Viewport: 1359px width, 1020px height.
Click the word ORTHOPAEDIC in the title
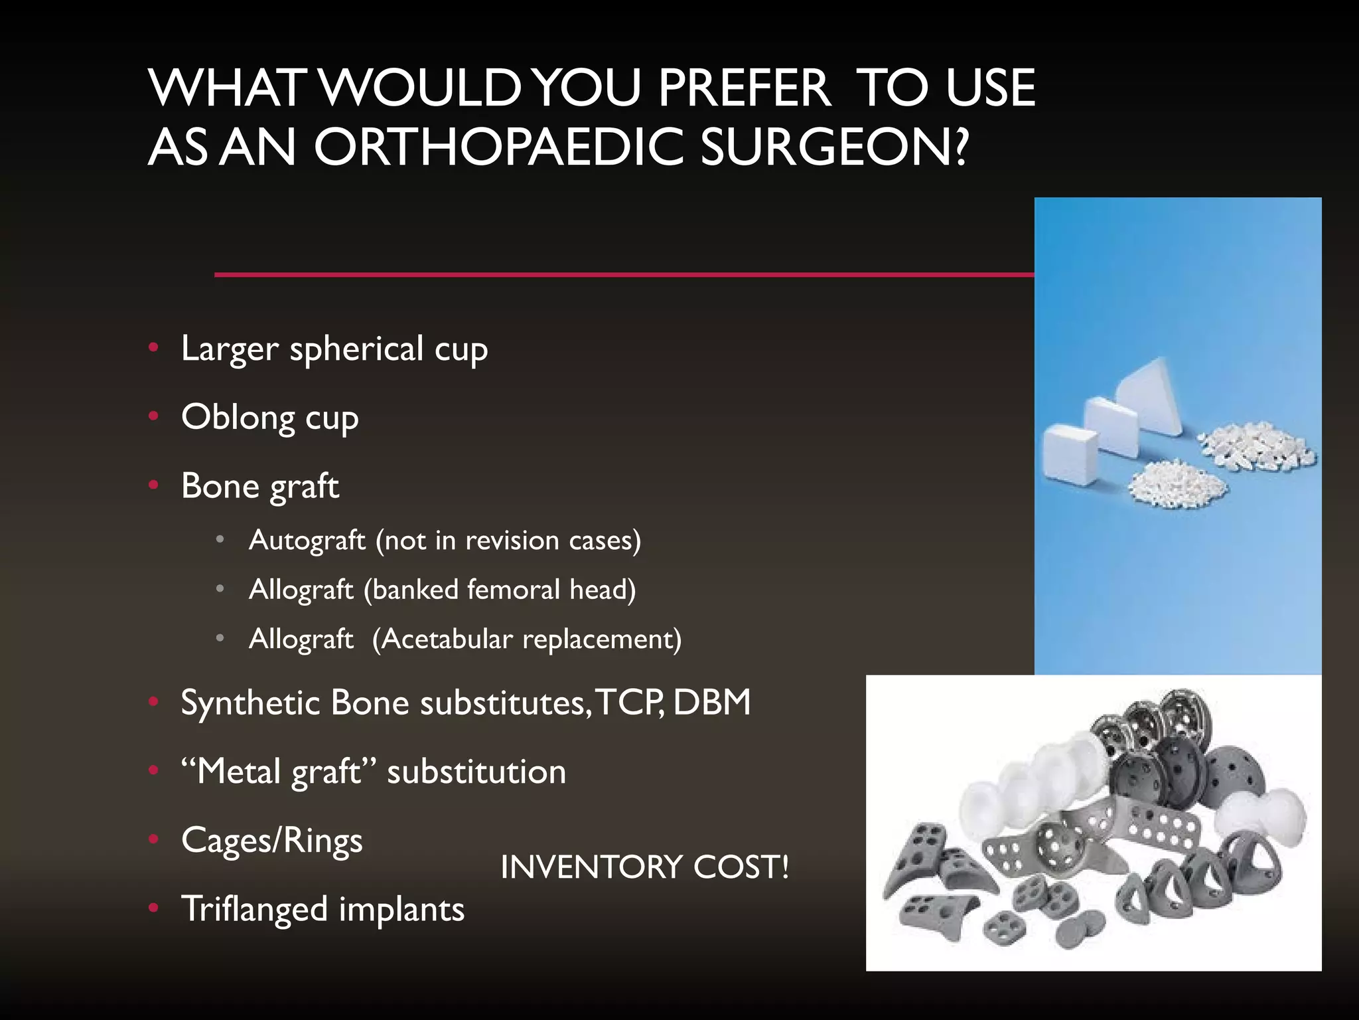498,147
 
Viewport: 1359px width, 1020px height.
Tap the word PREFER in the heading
743,88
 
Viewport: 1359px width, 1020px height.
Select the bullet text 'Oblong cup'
269,418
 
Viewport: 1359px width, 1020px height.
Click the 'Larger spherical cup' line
334,349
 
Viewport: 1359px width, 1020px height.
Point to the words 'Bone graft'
259,486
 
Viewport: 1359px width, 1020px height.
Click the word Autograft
307,541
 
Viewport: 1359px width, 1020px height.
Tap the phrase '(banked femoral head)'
499,590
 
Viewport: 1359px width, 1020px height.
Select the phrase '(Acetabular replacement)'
526,639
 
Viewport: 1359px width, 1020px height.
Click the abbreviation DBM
711,703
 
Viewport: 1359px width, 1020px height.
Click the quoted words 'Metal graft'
279,772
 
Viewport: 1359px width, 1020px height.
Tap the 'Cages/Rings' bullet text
271,841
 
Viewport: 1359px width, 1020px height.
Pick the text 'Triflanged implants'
322,909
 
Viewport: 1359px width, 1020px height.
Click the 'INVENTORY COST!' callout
644,867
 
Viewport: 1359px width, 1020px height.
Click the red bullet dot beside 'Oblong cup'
154,416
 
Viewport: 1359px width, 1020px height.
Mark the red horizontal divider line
624,274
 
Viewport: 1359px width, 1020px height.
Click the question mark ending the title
962,147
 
